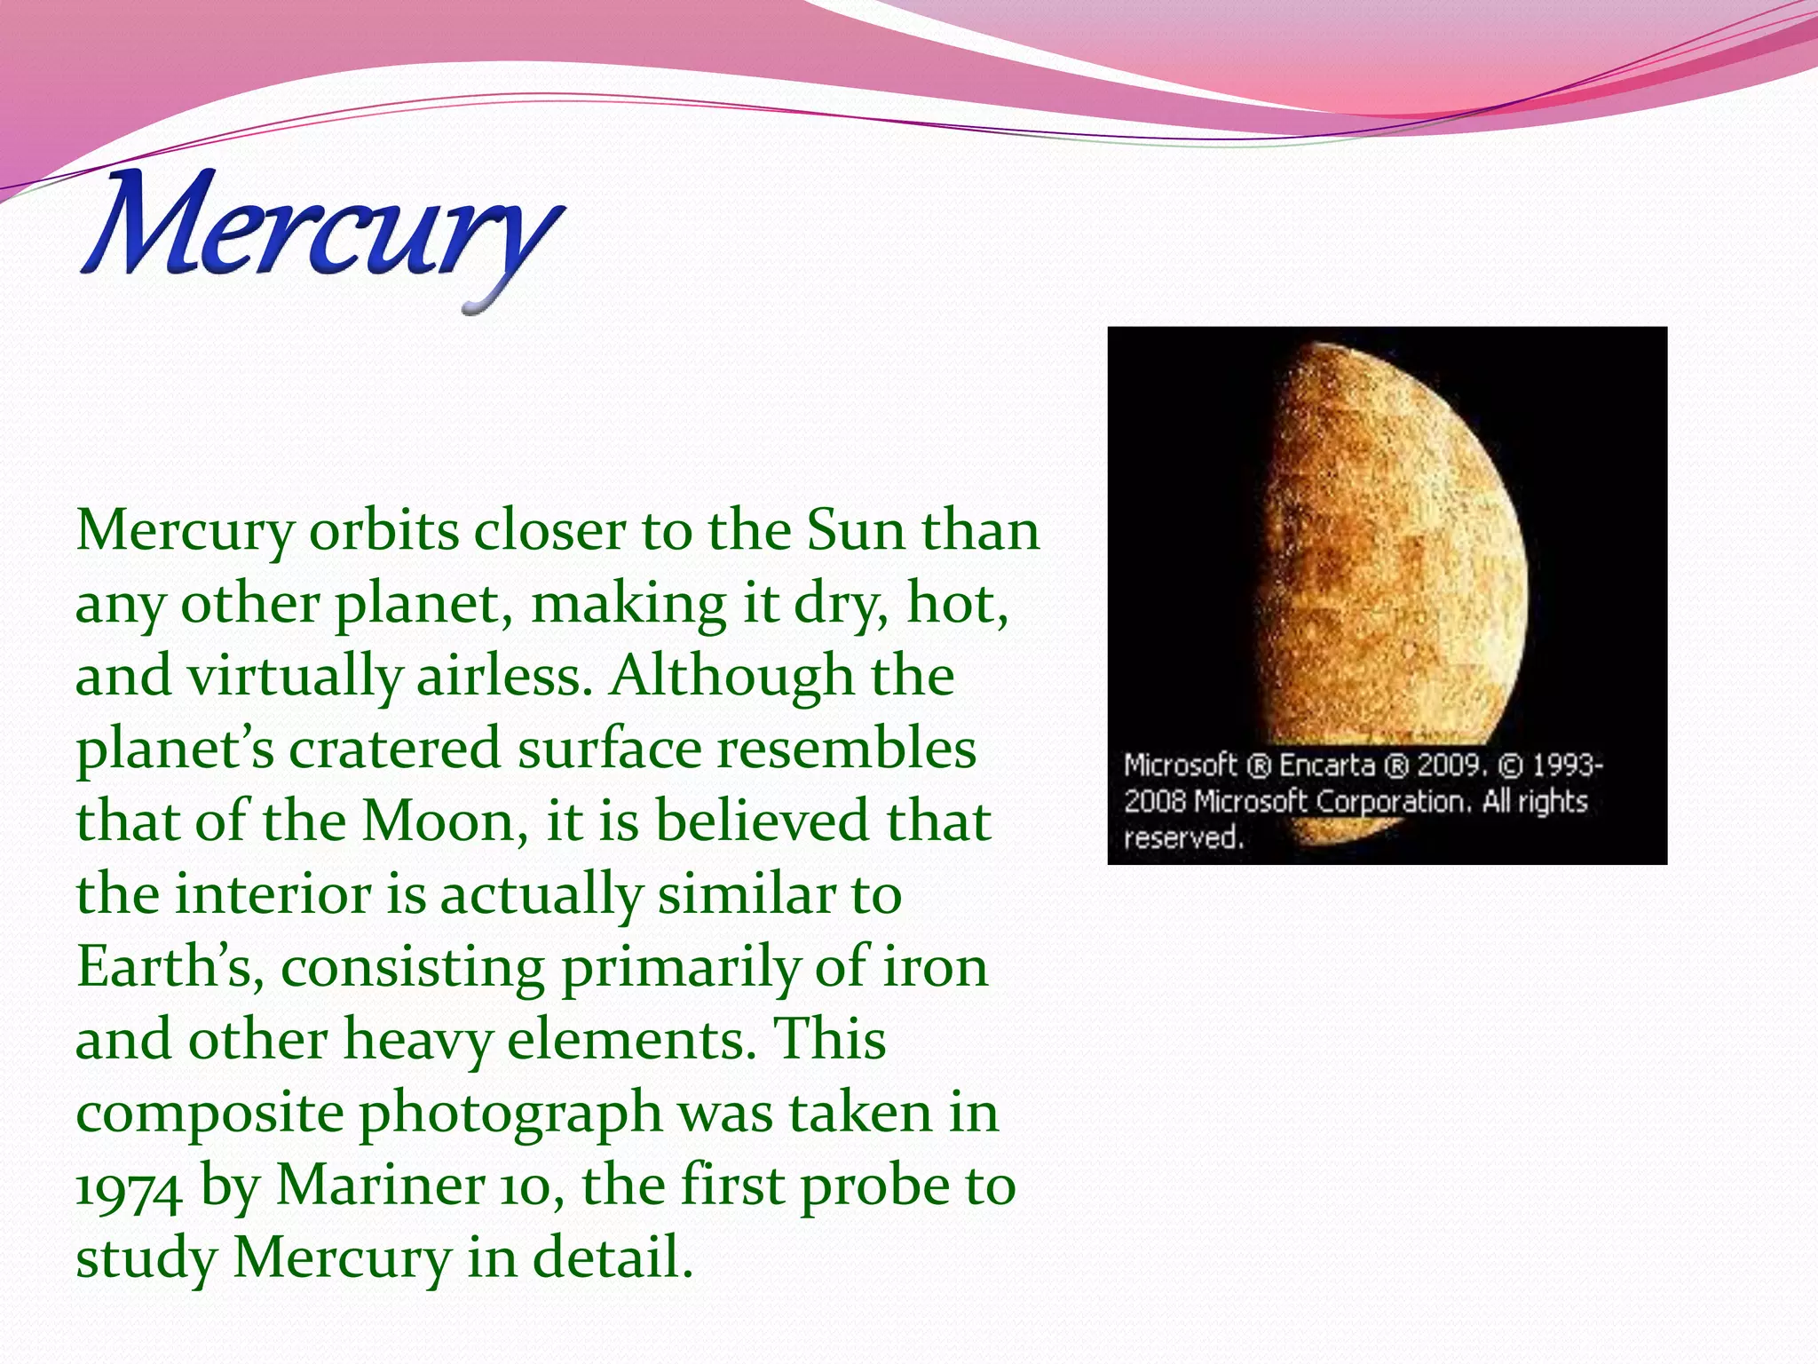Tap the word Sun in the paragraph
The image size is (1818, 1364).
856,531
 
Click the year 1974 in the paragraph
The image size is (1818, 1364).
128,1188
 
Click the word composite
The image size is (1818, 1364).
209,1114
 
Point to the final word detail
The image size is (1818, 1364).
612,1258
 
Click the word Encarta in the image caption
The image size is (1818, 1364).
1327,765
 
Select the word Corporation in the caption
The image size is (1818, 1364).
1393,802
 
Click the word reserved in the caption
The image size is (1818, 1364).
1183,837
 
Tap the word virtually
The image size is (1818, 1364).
294,678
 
